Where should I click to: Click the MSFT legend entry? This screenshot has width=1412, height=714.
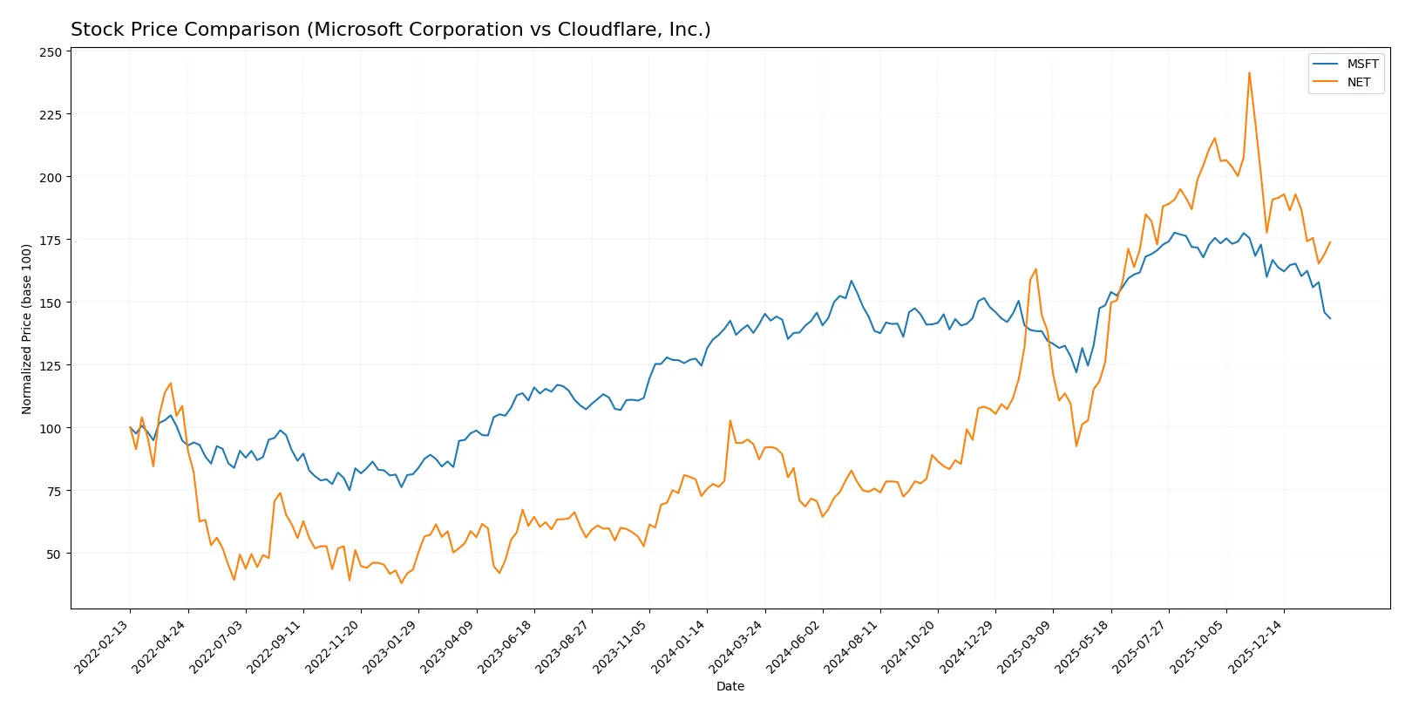pos(1361,64)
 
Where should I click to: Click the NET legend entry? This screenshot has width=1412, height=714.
pos(1358,83)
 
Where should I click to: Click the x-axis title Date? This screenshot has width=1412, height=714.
pos(730,686)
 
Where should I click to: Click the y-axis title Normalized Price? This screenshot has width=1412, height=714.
pos(27,329)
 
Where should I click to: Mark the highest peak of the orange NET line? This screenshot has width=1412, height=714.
pos(1249,72)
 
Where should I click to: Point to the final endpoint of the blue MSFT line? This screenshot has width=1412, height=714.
pos(1330,318)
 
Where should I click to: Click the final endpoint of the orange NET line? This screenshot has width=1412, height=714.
pos(1330,242)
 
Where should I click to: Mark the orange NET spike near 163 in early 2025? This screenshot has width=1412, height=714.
pos(1035,269)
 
